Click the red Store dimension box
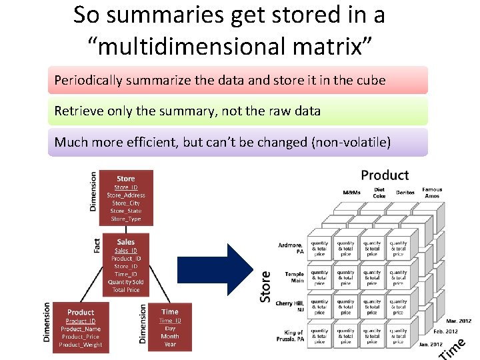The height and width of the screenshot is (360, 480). pyautogui.click(x=126, y=197)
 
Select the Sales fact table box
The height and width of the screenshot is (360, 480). pyautogui.click(x=125, y=265)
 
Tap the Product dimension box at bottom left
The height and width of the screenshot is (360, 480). pyautogui.click(x=81, y=327)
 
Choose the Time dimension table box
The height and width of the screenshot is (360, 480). pyautogui.click(x=169, y=327)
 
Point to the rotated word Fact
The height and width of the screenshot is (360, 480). pyautogui.click(x=98, y=245)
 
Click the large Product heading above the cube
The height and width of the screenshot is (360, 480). pyautogui.click(x=385, y=175)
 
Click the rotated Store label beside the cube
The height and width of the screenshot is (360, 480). pyautogui.click(x=265, y=286)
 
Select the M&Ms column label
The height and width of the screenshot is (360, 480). pyautogui.click(x=351, y=193)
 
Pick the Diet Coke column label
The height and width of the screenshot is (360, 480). pyautogui.click(x=379, y=193)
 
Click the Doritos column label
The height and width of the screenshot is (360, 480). pyautogui.click(x=405, y=193)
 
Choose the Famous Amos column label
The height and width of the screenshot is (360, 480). pyautogui.click(x=431, y=193)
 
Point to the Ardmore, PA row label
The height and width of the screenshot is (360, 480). pyautogui.click(x=291, y=248)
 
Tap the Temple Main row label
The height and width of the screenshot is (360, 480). pyautogui.click(x=294, y=277)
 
